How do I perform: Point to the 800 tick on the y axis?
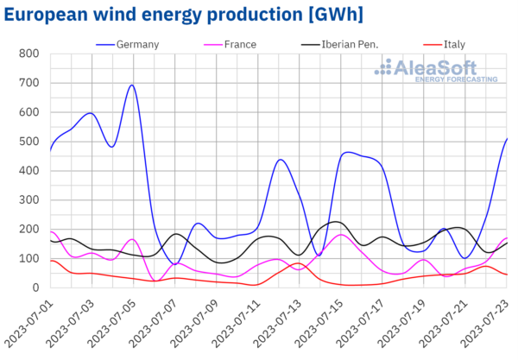pyautogui.click(x=28, y=54)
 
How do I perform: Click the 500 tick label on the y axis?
pyautogui.click(x=28, y=142)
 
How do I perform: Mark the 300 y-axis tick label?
pyautogui.click(x=28, y=200)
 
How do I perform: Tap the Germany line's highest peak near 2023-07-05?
pyautogui.click(x=131, y=85)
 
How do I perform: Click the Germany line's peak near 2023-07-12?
pyautogui.click(x=281, y=160)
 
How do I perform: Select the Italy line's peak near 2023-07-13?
pyautogui.click(x=296, y=263)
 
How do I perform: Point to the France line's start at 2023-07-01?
pyautogui.click(x=51, y=231)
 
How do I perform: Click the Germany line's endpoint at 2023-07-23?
pyautogui.click(x=507, y=139)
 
